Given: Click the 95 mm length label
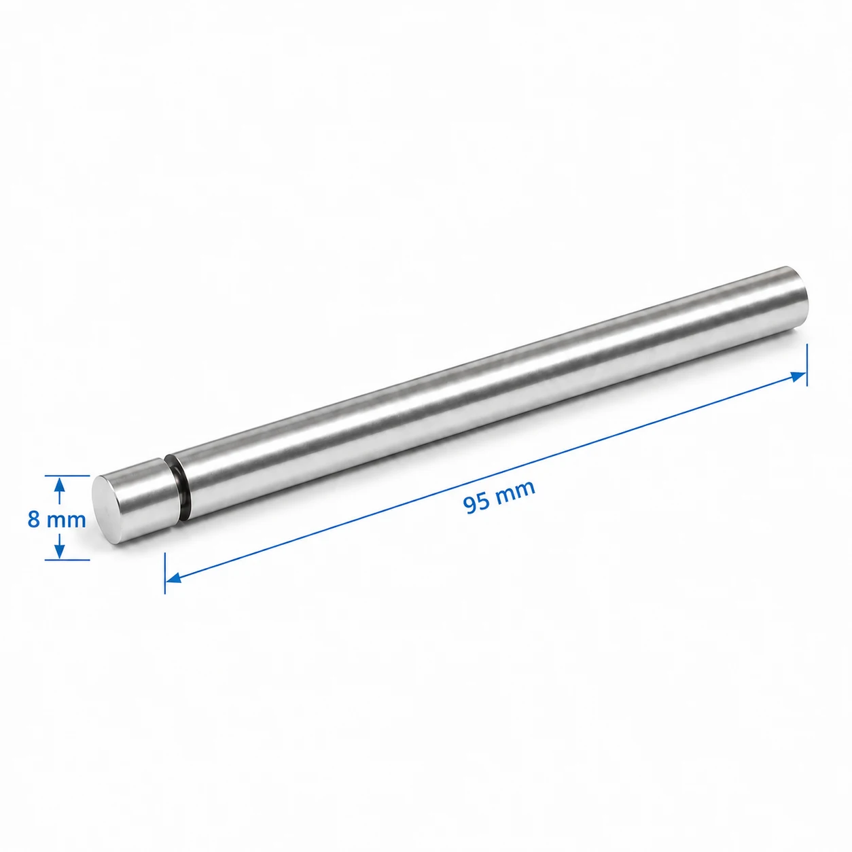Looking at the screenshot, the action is [x=499, y=497].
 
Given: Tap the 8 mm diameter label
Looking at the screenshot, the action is [x=56, y=520].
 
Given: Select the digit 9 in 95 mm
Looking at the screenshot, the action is [x=470, y=505].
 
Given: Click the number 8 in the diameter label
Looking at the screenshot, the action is [x=33, y=520].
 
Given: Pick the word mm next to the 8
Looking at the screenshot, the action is [x=67, y=521].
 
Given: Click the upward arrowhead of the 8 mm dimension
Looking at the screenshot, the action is [x=59, y=486].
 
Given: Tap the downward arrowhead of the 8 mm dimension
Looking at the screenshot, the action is [x=59, y=550].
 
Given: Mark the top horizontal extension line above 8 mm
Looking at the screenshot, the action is [x=67, y=476].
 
